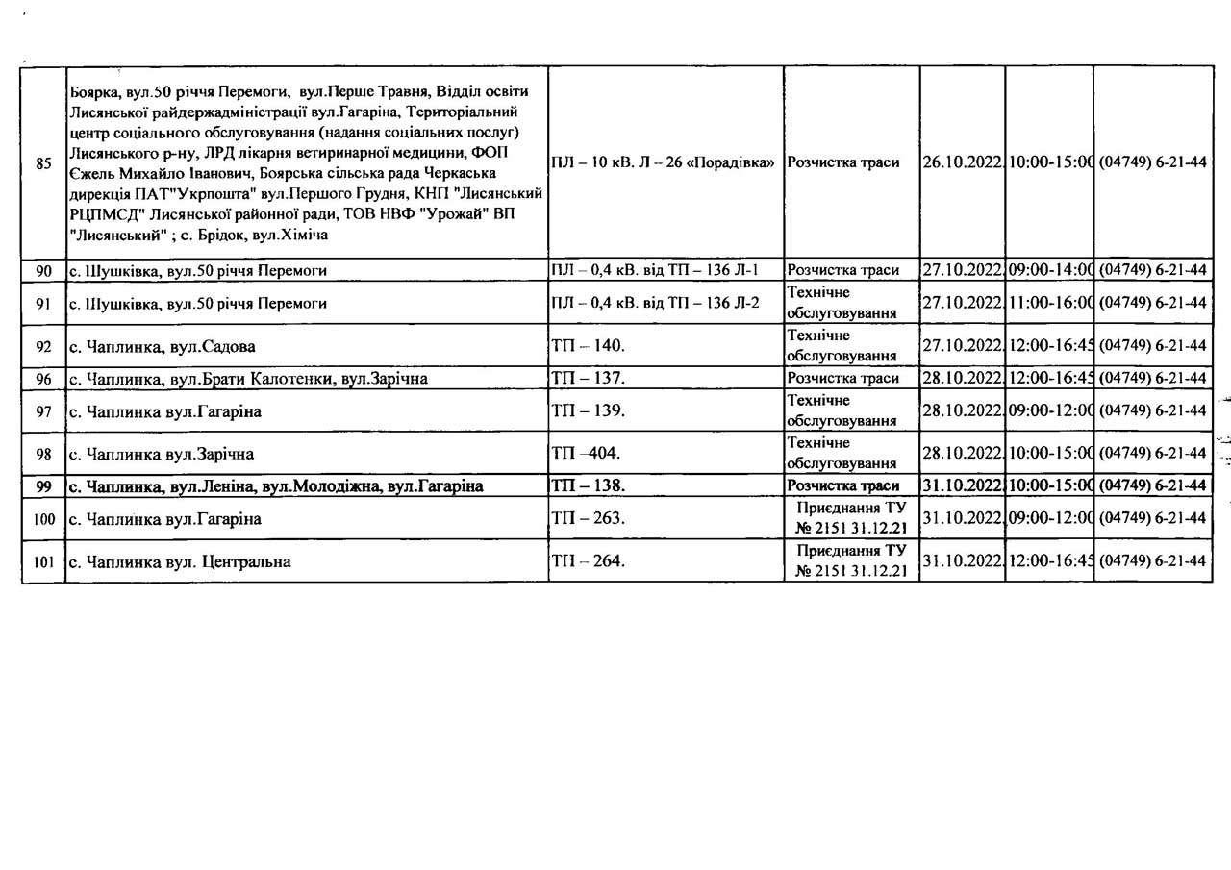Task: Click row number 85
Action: (43, 162)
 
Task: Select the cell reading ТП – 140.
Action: (588, 346)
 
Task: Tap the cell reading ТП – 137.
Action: (588, 378)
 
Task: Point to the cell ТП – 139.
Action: (588, 411)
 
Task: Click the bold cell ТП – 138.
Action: (588, 485)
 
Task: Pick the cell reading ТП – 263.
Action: (588, 519)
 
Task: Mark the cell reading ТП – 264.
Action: (588, 561)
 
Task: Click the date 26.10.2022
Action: (963, 162)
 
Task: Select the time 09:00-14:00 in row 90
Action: (1049, 271)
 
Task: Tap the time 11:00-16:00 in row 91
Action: (1049, 303)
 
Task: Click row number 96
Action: (43, 378)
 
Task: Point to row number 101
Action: (43, 561)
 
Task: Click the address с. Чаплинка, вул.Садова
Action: (163, 346)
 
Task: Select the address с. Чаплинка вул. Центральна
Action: (180, 561)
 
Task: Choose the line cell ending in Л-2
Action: (655, 303)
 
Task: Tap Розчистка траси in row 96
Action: (843, 378)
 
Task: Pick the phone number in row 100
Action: (1152, 519)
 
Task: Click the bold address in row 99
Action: (276, 485)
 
